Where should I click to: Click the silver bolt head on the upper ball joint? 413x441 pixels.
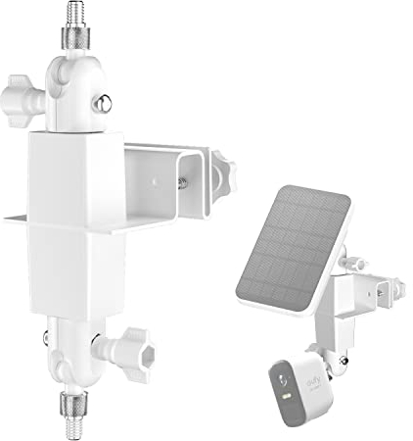pyautogui.click(x=102, y=102)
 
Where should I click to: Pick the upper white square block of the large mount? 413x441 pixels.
pyautogui.click(x=73, y=172)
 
